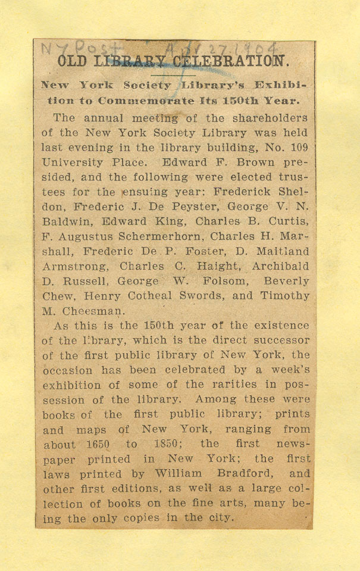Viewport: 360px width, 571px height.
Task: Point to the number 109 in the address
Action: pos(298,147)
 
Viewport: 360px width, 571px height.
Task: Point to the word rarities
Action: pos(236,385)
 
